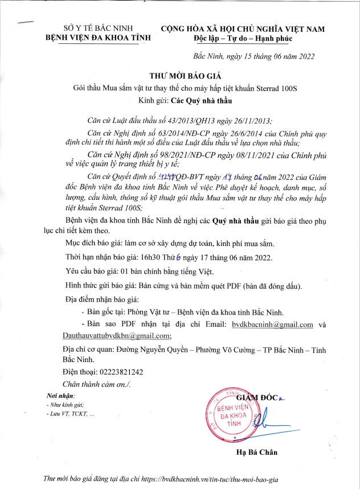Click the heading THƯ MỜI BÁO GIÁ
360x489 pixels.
tap(179, 76)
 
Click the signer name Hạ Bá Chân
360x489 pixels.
tap(255, 453)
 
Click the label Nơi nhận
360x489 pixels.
tap(57, 396)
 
